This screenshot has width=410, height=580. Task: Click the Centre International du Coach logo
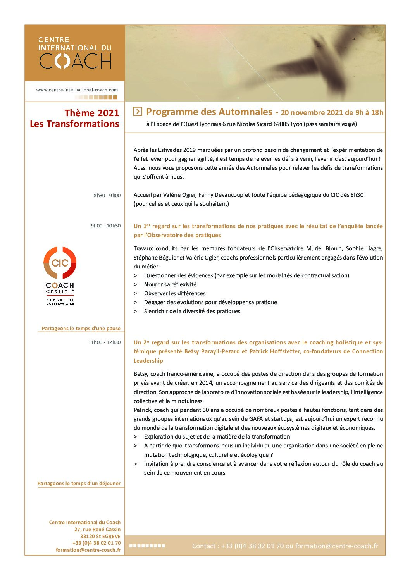pos(75,53)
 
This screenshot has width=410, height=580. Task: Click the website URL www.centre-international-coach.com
pos(77,90)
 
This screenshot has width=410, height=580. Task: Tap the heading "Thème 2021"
pos(92,113)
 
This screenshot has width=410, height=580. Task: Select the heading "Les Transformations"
pos(74,124)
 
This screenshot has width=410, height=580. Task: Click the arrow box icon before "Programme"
pos(138,112)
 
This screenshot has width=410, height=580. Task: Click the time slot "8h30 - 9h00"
pos(107,196)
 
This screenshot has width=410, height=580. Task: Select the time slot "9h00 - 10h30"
pos(106,226)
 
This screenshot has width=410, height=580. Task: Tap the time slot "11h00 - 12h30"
pos(104,342)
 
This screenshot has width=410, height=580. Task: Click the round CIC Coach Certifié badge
pos(60,263)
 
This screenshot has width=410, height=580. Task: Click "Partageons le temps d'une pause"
pos(81,329)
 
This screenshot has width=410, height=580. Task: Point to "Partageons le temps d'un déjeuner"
pos(79,484)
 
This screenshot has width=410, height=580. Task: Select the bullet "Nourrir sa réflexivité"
pos(170,284)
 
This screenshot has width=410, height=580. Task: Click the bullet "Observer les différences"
pos(175,293)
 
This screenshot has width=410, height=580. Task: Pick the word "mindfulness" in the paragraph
pos(187,401)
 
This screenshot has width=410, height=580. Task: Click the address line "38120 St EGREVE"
pos(100,536)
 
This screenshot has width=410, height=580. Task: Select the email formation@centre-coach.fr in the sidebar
pos(88,550)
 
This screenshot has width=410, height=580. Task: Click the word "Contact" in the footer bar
pos(204,546)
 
